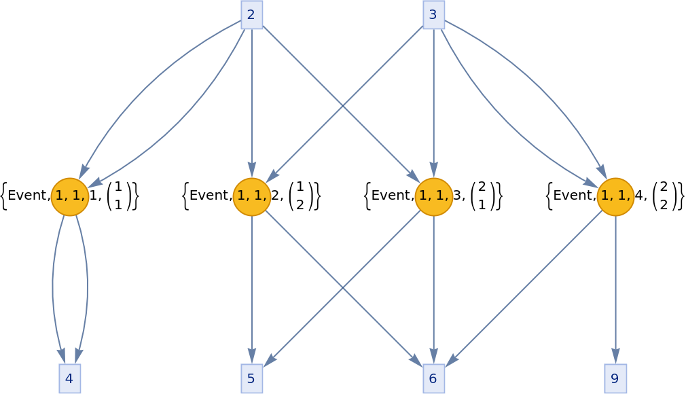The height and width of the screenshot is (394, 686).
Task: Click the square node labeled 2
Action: point(251,14)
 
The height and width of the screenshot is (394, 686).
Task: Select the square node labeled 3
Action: point(433,14)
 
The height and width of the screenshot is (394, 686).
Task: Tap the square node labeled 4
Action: point(69,378)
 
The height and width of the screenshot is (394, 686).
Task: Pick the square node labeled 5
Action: point(251,378)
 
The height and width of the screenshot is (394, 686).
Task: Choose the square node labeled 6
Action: point(433,378)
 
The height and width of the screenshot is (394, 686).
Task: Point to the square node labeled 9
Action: point(615,378)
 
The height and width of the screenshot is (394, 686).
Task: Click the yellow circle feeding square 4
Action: point(69,196)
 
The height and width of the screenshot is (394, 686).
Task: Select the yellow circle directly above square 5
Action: point(251,196)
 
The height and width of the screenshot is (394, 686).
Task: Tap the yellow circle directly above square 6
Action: point(433,196)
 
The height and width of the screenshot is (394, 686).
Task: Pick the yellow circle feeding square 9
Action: point(615,196)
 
